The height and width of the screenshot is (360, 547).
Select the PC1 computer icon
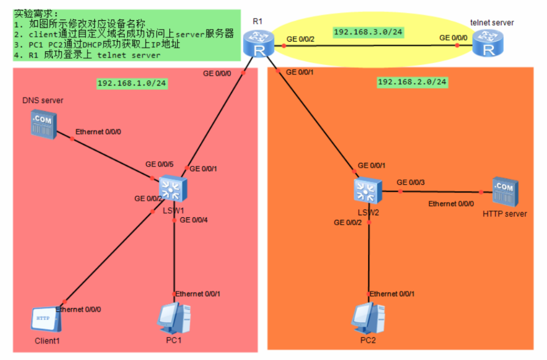point(174,319)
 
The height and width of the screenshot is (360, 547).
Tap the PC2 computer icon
point(368,319)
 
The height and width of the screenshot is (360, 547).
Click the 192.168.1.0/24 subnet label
point(132,82)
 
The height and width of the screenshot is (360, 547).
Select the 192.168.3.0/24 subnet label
point(368,32)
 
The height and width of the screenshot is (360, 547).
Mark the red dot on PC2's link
point(368,294)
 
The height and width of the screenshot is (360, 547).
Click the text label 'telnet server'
point(492,23)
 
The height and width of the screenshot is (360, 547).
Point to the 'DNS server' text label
point(43,100)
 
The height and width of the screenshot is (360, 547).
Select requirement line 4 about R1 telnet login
point(87,55)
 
